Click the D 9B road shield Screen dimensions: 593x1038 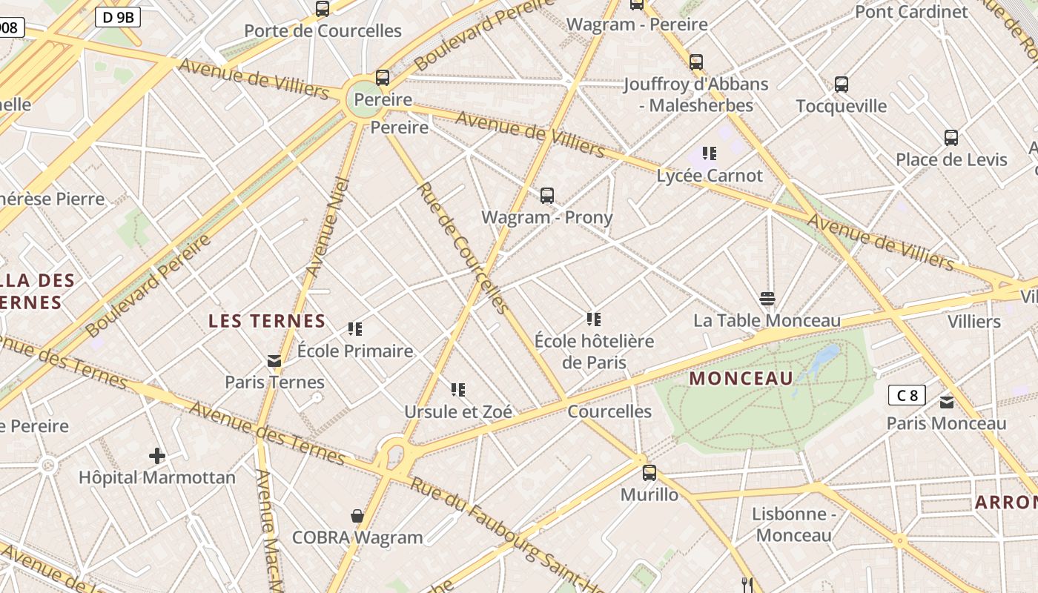118,17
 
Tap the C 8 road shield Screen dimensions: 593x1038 907,395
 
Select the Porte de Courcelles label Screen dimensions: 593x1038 323,31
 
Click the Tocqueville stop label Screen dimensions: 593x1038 841,106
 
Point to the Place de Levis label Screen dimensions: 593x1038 951,159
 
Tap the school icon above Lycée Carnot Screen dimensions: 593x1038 710,153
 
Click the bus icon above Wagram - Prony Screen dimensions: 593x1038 547,196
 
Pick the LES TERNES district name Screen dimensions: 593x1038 267,321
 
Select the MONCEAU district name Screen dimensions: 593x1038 741,379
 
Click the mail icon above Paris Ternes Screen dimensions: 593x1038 274,361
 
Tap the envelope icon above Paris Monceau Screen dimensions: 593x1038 947,402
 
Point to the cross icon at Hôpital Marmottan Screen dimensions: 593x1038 156,456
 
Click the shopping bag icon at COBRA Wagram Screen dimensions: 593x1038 357,516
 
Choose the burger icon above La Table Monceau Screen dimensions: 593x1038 767,299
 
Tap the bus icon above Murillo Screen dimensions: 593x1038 649,472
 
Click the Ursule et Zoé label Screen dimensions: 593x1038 458,411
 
